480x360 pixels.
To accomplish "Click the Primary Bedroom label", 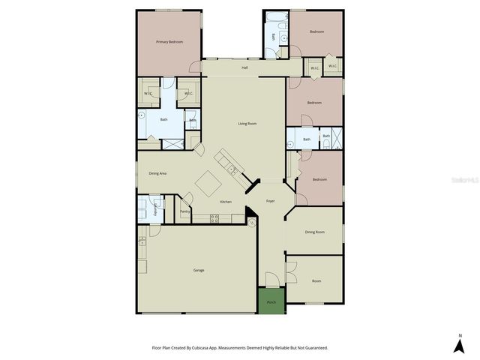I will coord(169,42).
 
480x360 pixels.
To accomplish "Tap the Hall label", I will coord(244,67).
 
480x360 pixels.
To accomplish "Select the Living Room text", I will coord(247,123).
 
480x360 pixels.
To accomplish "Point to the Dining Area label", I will coord(157,173).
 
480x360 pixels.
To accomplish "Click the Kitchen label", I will coord(225,201).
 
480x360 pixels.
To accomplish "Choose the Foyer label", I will coord(270,201).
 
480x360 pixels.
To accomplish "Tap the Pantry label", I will coord(185,211).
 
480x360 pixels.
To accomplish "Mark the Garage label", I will coord(199,270).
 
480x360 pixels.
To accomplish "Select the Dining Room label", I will coord(315,232).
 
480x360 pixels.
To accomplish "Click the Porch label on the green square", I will coord(271,302).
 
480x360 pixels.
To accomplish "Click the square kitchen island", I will coord(208,182).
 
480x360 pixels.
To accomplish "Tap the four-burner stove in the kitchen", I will coord(214,218).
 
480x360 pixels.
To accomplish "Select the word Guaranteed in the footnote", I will coord(316,348).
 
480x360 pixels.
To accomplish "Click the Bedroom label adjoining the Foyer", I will coord(319,179).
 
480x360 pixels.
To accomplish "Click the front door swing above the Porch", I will coord(272,279).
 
